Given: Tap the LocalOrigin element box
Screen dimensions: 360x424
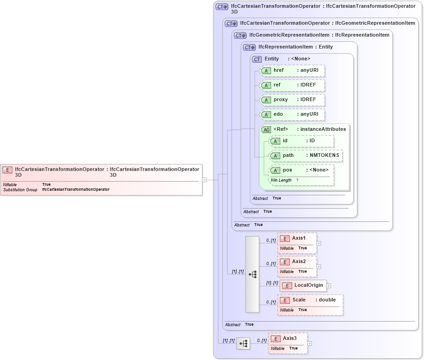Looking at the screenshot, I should (x=303, y=285).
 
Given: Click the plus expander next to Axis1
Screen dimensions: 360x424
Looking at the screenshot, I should (x=319, y=243).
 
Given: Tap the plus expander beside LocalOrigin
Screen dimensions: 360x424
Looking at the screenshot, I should (x=329, y=286).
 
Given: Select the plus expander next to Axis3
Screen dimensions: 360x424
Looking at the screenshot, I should (x=310, y=344).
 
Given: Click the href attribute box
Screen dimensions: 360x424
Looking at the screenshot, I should (x=292, y=71).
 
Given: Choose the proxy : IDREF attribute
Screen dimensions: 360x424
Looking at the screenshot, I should (x=292, y=100).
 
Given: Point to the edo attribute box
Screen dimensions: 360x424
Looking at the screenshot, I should (x=292, y=114).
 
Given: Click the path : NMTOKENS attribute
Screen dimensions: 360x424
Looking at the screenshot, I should (x=306, y=156).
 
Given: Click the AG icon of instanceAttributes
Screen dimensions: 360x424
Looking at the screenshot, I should (x=266, y=129).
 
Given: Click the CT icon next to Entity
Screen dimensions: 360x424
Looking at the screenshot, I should (x=257, y=59).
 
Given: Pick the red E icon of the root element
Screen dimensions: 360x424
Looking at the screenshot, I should (x=7, y=170).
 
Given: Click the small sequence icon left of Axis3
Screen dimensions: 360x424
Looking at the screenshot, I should (x=243, y=343).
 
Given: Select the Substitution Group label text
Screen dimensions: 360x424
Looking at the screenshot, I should (x=20, y=189).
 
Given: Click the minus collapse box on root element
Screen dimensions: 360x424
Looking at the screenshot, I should (x=204, y=180).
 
